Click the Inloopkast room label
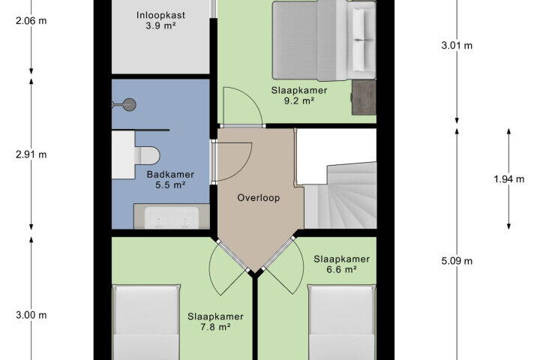click(x=160, y=15)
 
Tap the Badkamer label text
click(x=170, y=174)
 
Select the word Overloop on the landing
click(x=259, y=198)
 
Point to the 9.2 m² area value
click(x=298, y=101)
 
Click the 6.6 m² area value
click(x=341, y=269)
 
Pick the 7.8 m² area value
click(x=215, y=327)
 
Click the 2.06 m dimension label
click(x=31, y=21)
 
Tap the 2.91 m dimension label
click(x=31, y=154)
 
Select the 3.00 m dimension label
click(x=31, y=315)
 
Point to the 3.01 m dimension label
click(x=457, y=46)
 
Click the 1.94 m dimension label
click(x=509, y=179)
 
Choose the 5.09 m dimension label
click(x=457, y=261)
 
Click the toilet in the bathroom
click(x=148, y=156)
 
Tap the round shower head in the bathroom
click(x=130, y=105)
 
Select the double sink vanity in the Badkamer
click(x=172, y=216)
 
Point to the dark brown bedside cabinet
click(x=364, y=97)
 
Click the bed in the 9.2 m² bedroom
click(x=324, y=40)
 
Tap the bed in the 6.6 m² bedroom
click(x=341, y=322)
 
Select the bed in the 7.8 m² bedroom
click(x=146, y=322)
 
